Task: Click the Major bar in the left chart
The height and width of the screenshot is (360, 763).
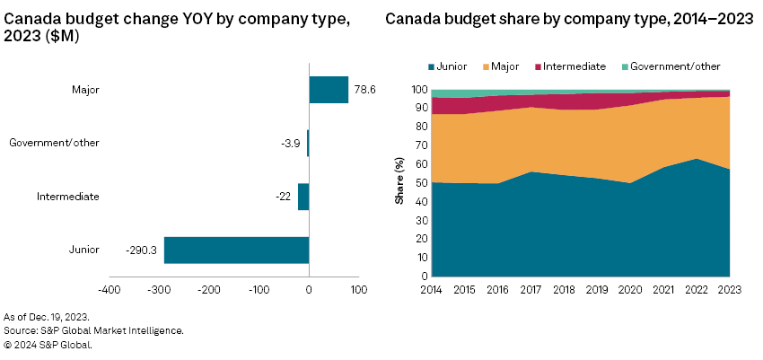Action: (329, 90)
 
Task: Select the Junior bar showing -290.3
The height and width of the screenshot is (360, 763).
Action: (236, 250)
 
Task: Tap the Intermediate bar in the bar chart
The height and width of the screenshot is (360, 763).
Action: (303, 197)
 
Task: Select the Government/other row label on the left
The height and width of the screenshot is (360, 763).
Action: (54, 143)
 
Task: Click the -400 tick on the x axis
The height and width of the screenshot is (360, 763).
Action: (109, 290)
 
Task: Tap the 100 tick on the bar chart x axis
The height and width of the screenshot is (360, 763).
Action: (359, 290)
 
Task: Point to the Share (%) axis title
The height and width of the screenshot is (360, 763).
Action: (400, 180)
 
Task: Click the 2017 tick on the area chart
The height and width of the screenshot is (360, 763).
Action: (531, 289)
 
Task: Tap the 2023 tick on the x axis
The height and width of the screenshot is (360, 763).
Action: (729, 289)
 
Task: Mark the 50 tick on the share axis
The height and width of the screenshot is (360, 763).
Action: (418, 182)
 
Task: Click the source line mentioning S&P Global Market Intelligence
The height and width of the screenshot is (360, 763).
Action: (93, 330)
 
